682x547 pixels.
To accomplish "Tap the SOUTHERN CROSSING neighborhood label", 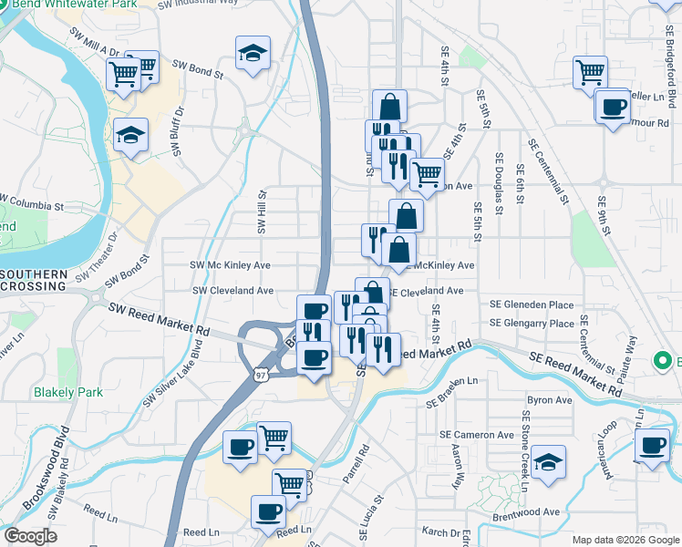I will point(34,280).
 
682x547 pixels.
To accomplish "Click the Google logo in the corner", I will point(30,536).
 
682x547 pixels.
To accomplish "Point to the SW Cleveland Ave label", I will point(232,291).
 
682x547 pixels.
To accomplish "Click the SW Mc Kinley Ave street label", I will point(230,265).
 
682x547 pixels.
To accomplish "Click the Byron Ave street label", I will point(550,399).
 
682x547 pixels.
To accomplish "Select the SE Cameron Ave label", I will point(477,436).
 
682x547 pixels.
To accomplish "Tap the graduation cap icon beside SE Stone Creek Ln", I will point(549,461).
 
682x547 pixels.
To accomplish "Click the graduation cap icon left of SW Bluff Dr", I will point(131,136).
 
